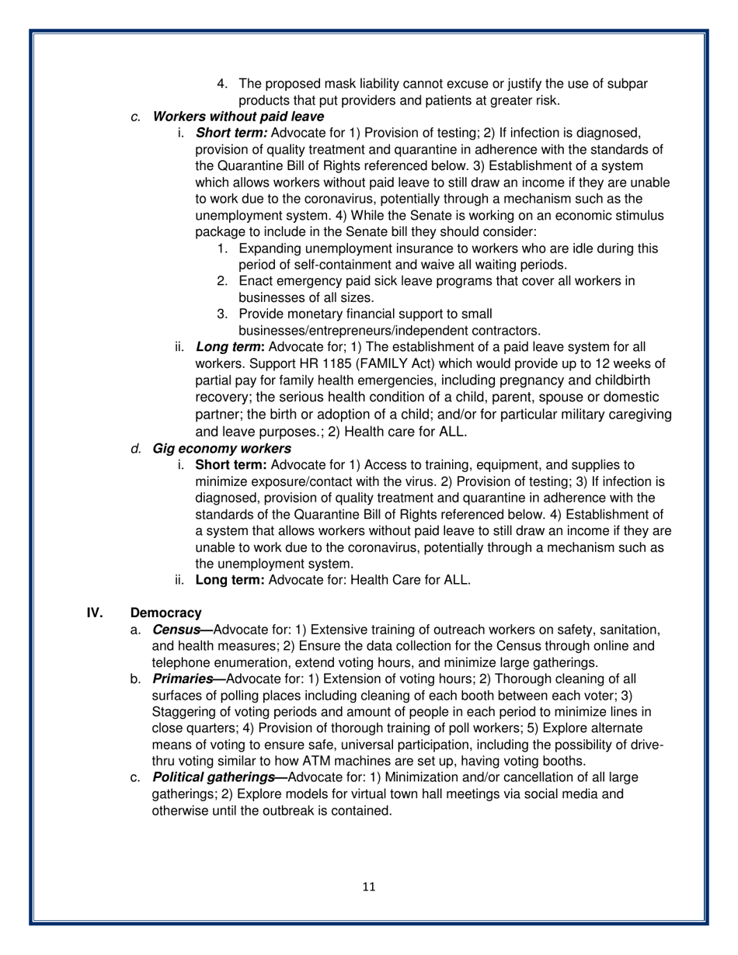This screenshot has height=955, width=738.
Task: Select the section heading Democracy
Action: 166,613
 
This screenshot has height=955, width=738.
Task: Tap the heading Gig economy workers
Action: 222,448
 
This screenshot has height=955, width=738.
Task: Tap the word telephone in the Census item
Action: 180,662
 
